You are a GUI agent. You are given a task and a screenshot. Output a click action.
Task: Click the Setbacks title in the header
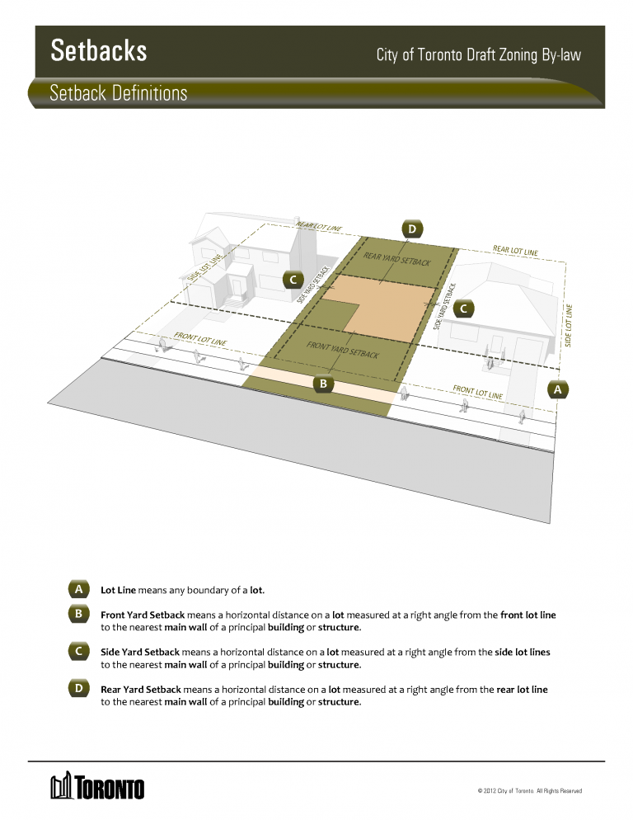(x=99, y=50)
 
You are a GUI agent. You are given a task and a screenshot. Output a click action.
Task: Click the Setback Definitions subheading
(x=118, y=93)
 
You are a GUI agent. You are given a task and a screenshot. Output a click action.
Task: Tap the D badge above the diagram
(x=412, y=229)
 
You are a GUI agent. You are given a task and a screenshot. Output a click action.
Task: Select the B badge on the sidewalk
(x=323, y=384)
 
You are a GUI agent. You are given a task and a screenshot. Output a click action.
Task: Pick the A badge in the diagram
(x=558, y=389)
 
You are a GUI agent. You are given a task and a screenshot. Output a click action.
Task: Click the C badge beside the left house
(x=293, y=280)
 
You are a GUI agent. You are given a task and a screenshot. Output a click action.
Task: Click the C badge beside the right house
(x=463, y=309)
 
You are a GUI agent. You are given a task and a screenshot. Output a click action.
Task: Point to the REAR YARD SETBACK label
(x=397, y=259)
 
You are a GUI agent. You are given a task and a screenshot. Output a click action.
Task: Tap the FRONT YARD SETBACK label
(x=343, y=349)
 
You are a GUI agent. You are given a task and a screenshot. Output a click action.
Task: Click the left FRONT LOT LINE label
(x=200, y=339)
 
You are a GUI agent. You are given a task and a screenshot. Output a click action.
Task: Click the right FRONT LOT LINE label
(x=478, y=392)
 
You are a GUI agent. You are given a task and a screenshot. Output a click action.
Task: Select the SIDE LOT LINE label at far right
(x=568, y=325)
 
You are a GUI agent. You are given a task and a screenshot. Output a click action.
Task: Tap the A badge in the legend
(x=78, y=589)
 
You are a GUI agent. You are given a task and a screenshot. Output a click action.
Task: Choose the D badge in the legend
(x=78, y=688)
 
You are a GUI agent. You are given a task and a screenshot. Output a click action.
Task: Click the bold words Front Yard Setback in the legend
(x=143, y=615)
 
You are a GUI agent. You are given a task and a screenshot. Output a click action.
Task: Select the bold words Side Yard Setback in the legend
(x=140, y=653)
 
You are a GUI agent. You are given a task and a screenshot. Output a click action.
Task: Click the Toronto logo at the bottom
(x=97, y=785)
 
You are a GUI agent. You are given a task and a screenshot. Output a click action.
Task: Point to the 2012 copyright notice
(x=529, y=790)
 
